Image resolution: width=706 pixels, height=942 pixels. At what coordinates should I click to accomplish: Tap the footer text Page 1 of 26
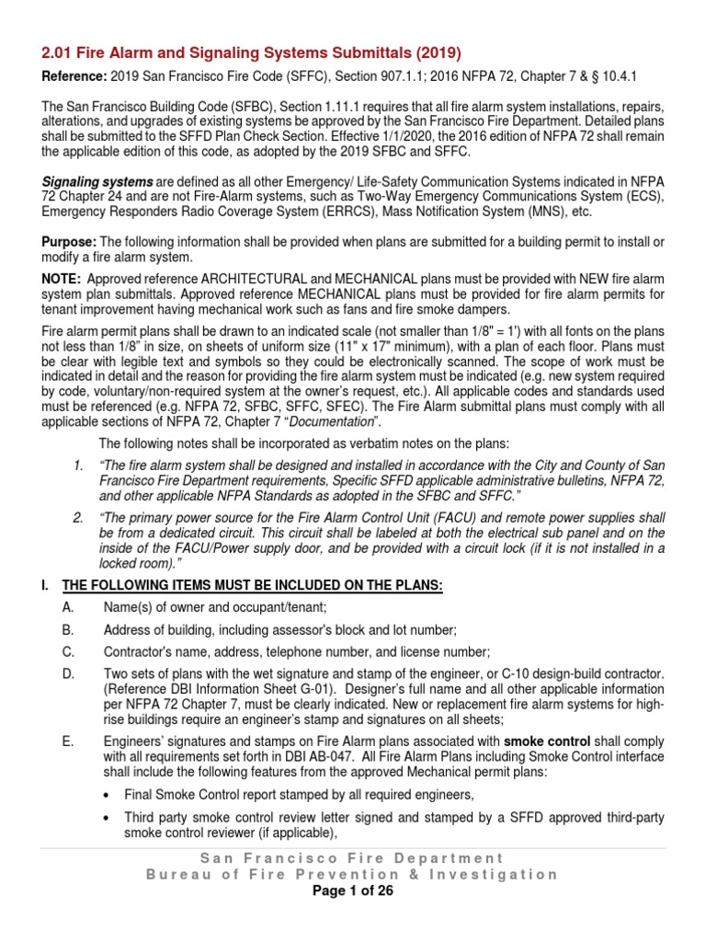(x=353, y=891)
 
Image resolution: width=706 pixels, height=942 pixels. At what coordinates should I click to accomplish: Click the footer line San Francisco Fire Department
(x=353, y=857)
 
